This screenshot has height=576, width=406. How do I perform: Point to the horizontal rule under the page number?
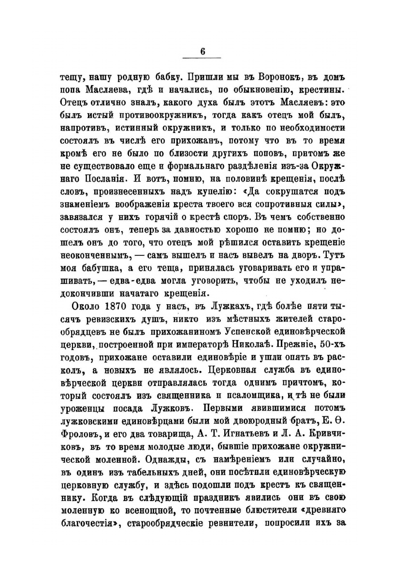[x=203, y=59]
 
